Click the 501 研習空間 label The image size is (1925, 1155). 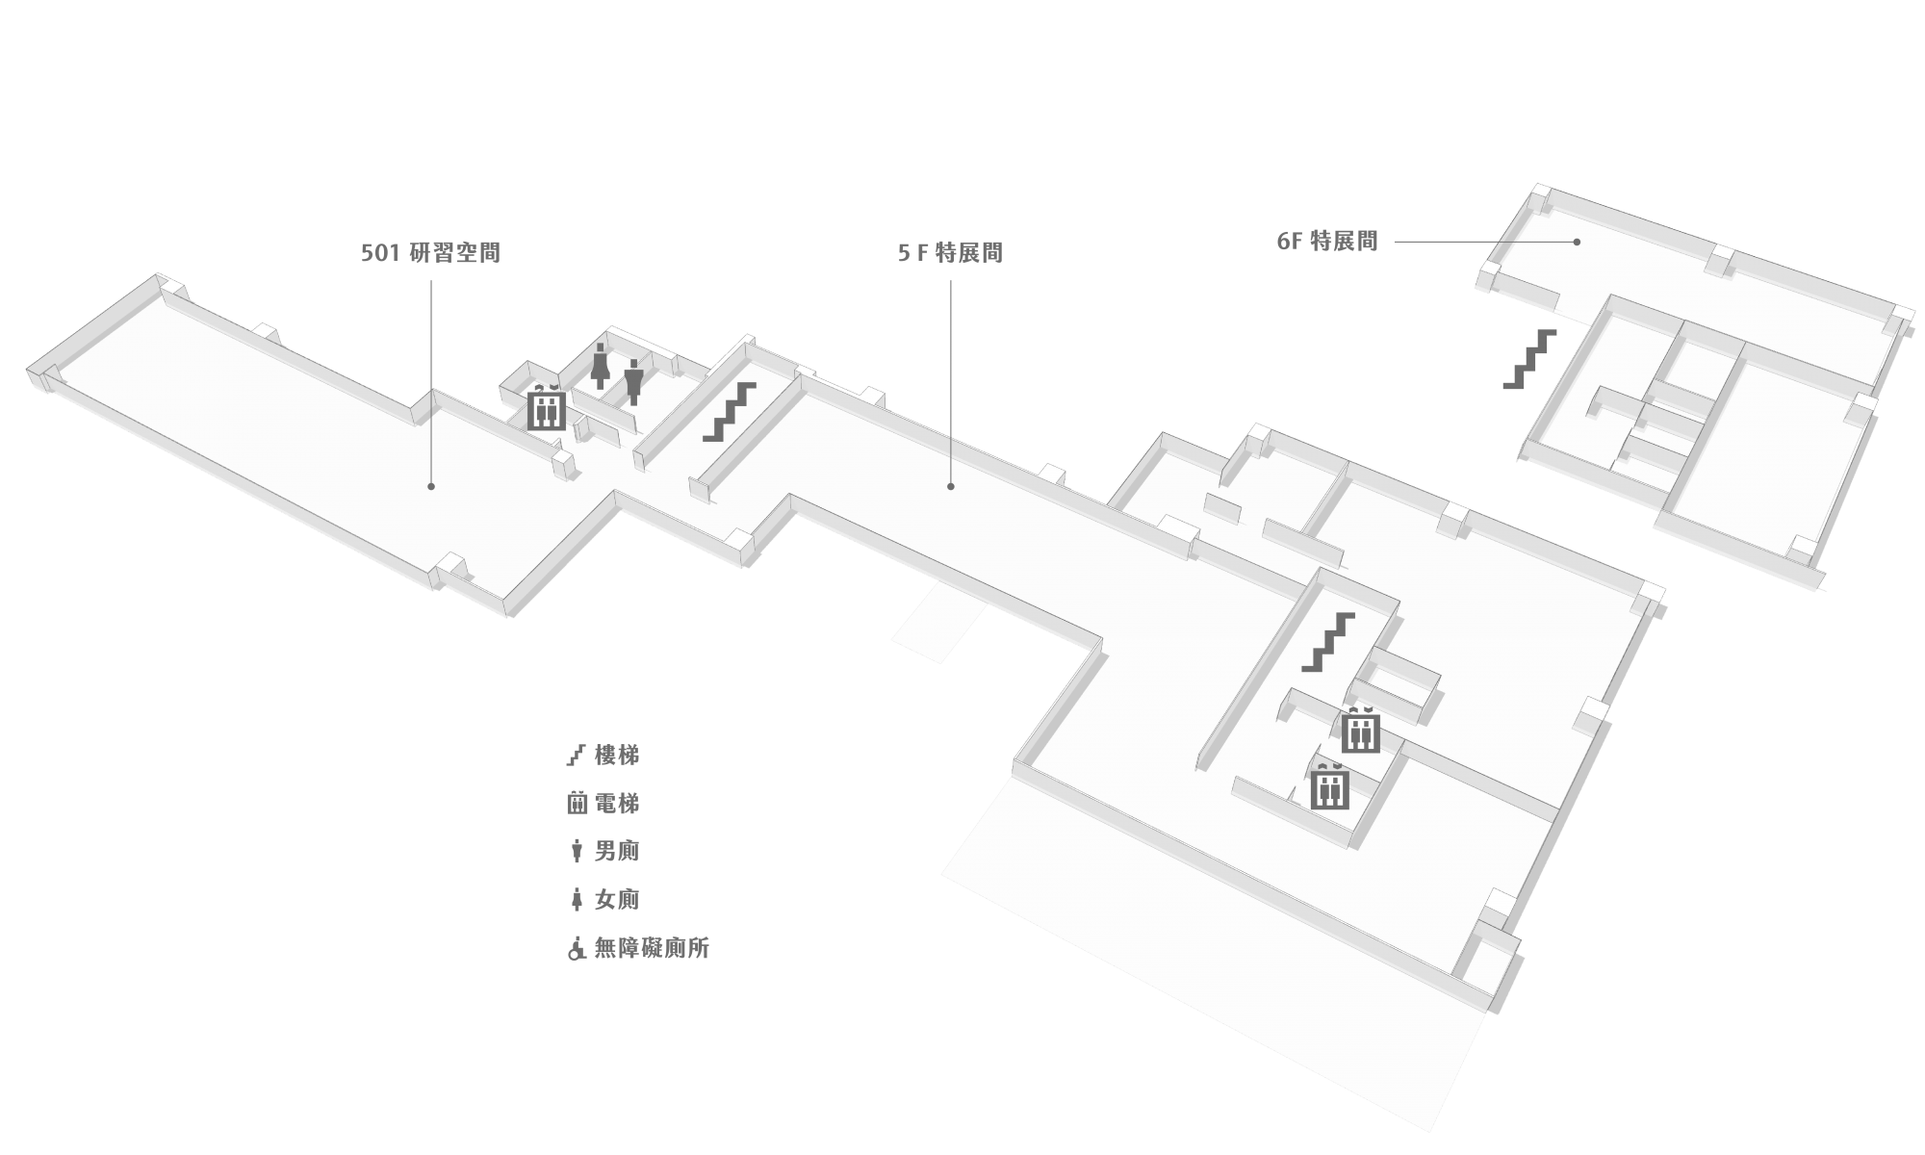click(x=430, y=253)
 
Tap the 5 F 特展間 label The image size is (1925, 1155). click(x=950, y=253)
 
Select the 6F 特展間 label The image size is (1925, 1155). click(x=1327, y=242)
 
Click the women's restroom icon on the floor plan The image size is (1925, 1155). click(x=601, y=365)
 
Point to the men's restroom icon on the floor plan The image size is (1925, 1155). click(x=632, y=381)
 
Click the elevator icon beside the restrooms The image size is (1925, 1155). click(x=546, y=407)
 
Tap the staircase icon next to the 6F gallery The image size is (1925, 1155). click(x=1529, y=359)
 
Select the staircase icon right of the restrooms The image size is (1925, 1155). click(x=729, y=412)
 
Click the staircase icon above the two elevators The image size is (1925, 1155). click(x=1328, y=642)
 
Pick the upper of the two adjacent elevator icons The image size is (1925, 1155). click(x=1361, y=730)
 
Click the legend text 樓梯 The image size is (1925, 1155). click(x=617, y=756)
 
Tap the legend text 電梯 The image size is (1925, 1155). click(x=617, y=804)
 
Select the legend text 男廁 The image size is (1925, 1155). click(x=617, y=852)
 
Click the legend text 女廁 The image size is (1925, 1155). click(x=617, y=900)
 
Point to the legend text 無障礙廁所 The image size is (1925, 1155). click(x=652, y=948)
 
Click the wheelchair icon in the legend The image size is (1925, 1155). click(x=577, y=949)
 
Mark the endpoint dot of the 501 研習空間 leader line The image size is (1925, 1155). click(x=431, y=487)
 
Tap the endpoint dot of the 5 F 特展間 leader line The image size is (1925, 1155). click(x=951, y=487)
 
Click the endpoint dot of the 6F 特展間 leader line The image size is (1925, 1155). click(x=1577, y=242)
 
